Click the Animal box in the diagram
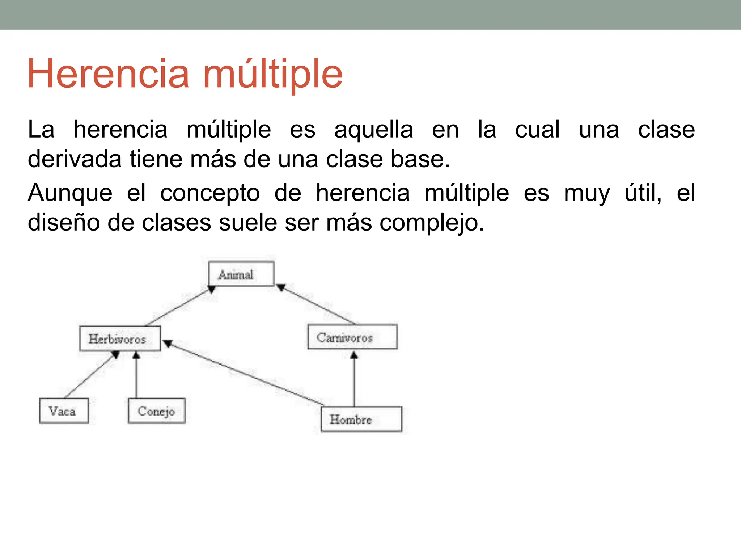[241, 274]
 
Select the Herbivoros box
[120, 339]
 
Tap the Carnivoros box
[352, 337]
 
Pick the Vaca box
[64, 411]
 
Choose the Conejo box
[157, 411]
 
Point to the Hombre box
[361, 419]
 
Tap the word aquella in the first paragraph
[373, 130]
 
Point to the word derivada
[75, 159]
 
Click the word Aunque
[70, 193]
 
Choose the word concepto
[210, 193]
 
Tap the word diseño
[64, 223]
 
